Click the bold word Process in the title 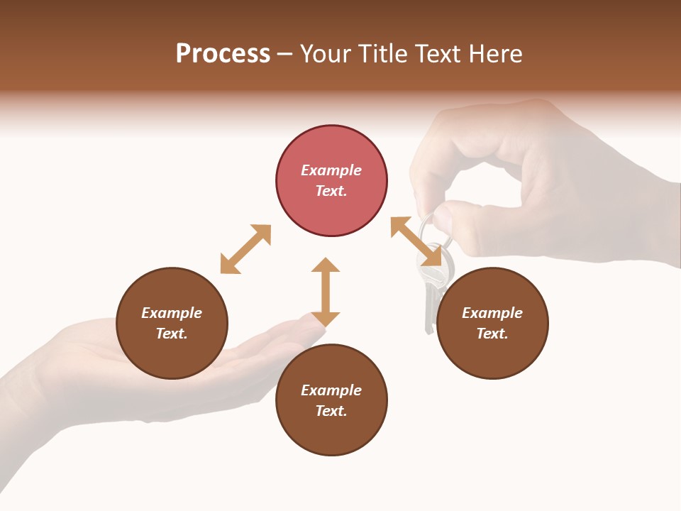[x=223, y=54]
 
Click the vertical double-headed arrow [x=326, y=292]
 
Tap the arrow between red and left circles [x=245, y=249]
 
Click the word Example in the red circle [x=331, y=170]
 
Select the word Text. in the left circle [x=172, y=334]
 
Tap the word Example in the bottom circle [x=331, y=390]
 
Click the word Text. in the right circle [x=492, y=334]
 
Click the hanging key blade [x=429, y=312]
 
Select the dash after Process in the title [x=284, y=54]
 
